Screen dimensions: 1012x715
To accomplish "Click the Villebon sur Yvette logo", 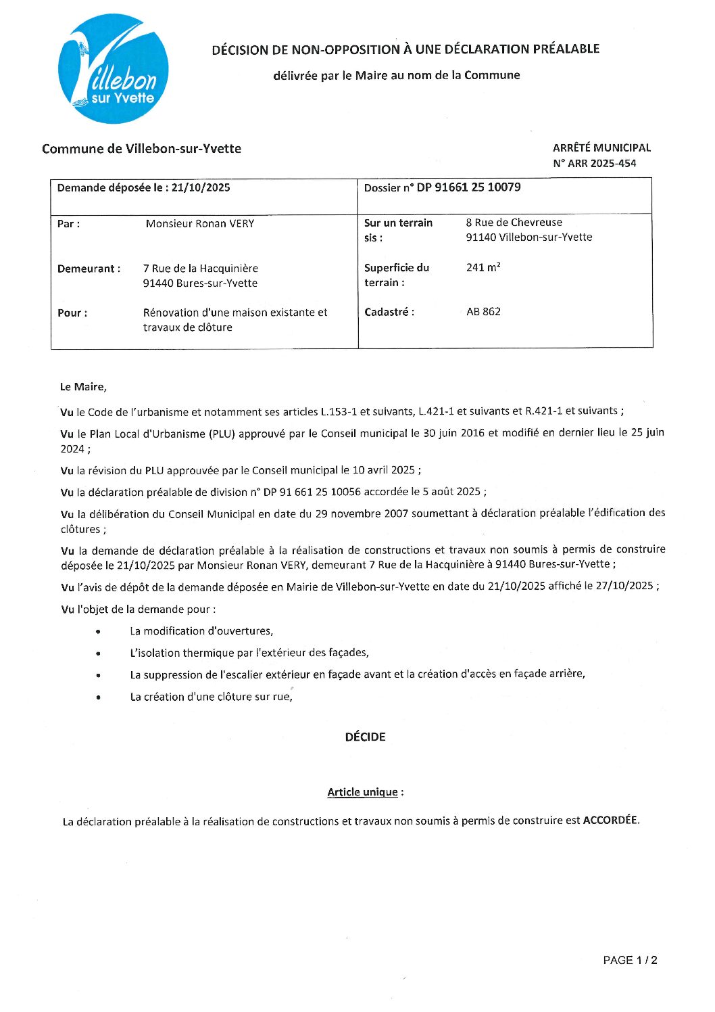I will pos(113,69).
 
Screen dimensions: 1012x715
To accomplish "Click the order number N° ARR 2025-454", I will pos(594,163).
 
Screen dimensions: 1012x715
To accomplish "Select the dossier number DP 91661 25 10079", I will pos(468,187).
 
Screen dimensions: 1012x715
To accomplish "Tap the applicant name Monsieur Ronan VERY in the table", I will pos(200,223).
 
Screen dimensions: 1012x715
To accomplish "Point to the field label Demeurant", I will pos(89,269).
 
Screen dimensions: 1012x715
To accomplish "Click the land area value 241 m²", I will pos(483,267).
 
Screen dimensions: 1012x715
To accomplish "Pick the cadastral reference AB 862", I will pos(483,312).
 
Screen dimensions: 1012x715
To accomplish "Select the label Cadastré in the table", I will pos(389,312).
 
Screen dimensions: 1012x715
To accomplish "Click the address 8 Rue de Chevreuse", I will pos(514,222).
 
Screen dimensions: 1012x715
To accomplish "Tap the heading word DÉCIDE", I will pos(365,737).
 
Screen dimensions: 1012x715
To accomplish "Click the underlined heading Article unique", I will pos(362,792).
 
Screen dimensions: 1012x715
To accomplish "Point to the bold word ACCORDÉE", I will pos(610,820).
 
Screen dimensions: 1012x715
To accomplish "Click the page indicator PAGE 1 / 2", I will pos(630,960).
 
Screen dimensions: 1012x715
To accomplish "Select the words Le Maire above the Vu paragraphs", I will pos(83,387).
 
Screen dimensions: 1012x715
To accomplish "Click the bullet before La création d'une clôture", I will pos(99,697).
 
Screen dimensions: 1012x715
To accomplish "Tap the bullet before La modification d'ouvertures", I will pos(99,632).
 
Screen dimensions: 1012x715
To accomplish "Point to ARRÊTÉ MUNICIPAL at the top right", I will pos(601,147).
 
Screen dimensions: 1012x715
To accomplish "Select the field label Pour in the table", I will pos(72,313).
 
